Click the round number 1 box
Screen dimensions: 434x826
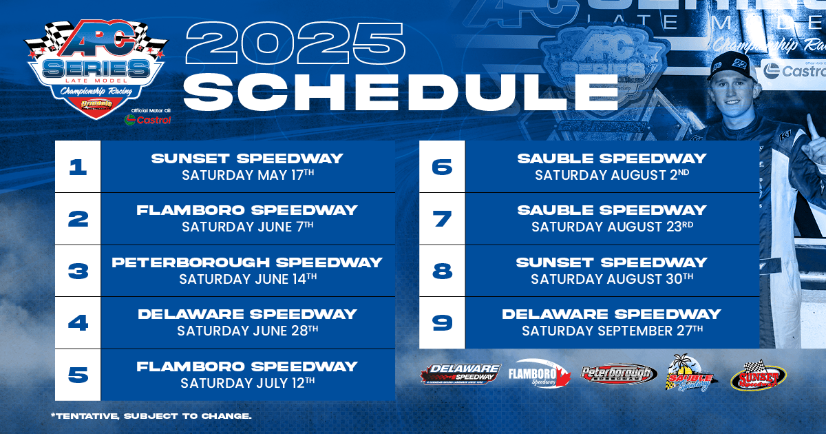(x=78, y=167)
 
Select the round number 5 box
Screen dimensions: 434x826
(x=78, y=375)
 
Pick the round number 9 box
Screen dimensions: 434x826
(x=442, y=322)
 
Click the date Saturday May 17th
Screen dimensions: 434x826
(x=248, y=175)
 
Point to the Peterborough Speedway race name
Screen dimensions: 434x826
(x=247, y=262)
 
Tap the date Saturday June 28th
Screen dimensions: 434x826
(x=248, y=331)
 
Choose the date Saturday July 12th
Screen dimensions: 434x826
(x=248, y=382)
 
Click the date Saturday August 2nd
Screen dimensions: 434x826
(x=612, y=175)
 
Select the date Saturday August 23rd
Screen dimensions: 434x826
(x=612, y=227)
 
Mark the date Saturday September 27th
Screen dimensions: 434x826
(x=612, y=331)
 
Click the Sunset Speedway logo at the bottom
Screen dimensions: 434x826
(x=758, y=376)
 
